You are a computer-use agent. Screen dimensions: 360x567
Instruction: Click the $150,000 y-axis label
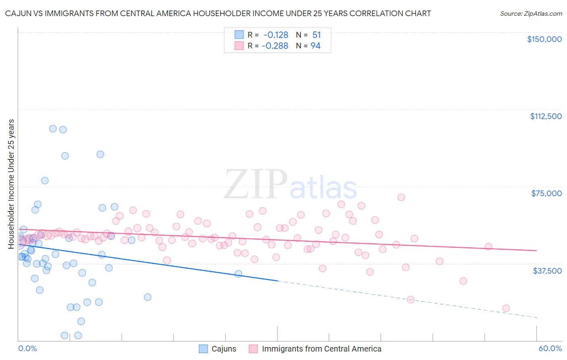click(x=544, y=39)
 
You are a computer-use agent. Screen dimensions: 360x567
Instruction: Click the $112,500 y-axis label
click(x=546, y=116)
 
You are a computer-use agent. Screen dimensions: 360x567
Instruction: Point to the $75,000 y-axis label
click(x=546, y=193)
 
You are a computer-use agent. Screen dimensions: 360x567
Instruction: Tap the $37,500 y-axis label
click(x=547, y=270)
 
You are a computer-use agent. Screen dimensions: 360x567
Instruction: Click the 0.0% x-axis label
click(x=27, y=348)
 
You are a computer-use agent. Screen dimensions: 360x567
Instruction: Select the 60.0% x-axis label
click(x=550, y=348)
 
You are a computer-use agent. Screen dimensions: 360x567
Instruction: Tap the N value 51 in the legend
click(x=317, y=35)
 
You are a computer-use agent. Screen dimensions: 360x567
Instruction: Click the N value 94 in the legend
click(x=315, y=46)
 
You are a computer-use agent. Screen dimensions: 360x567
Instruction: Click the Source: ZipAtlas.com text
click(x=531, y=13)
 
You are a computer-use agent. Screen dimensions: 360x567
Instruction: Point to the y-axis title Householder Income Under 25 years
click(x=11, y=184)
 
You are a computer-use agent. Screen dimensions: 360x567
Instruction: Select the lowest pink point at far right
click(x=506, y=308)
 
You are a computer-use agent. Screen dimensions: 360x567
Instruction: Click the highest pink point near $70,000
click(x=401, y=197)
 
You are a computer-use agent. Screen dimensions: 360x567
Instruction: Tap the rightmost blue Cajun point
click(x=238, y=274)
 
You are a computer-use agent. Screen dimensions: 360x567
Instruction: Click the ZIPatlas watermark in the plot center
click(x=290, y=185)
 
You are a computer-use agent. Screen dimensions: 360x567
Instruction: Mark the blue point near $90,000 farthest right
click(x=100, y=154)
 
